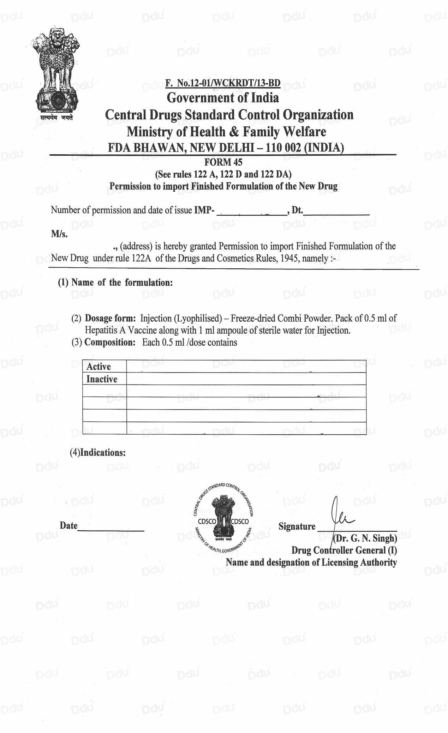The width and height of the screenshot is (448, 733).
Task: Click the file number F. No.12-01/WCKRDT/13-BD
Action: pyautogui.click(x=223, y=83)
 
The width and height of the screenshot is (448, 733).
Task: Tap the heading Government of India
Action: pyautogui.click(x=223, y=97)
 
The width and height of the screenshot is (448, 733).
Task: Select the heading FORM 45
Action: pyautogui.click(x=223, y=162)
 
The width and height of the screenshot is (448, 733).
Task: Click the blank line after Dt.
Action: pyautogui.click(x=336, y=213)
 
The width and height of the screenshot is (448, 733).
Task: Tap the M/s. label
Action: pyautogui.click(x=59, y=234)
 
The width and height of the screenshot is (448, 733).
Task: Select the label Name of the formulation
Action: pyautogui.click(x=122, y=282)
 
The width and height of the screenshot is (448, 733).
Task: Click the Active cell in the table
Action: pyautogui.click(x=99, y=366)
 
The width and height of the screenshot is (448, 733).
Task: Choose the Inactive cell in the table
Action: pyautogui.click(x=102, y=379)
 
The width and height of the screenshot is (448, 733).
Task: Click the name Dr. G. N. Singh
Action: pyautogui.click(x=365, y=538)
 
